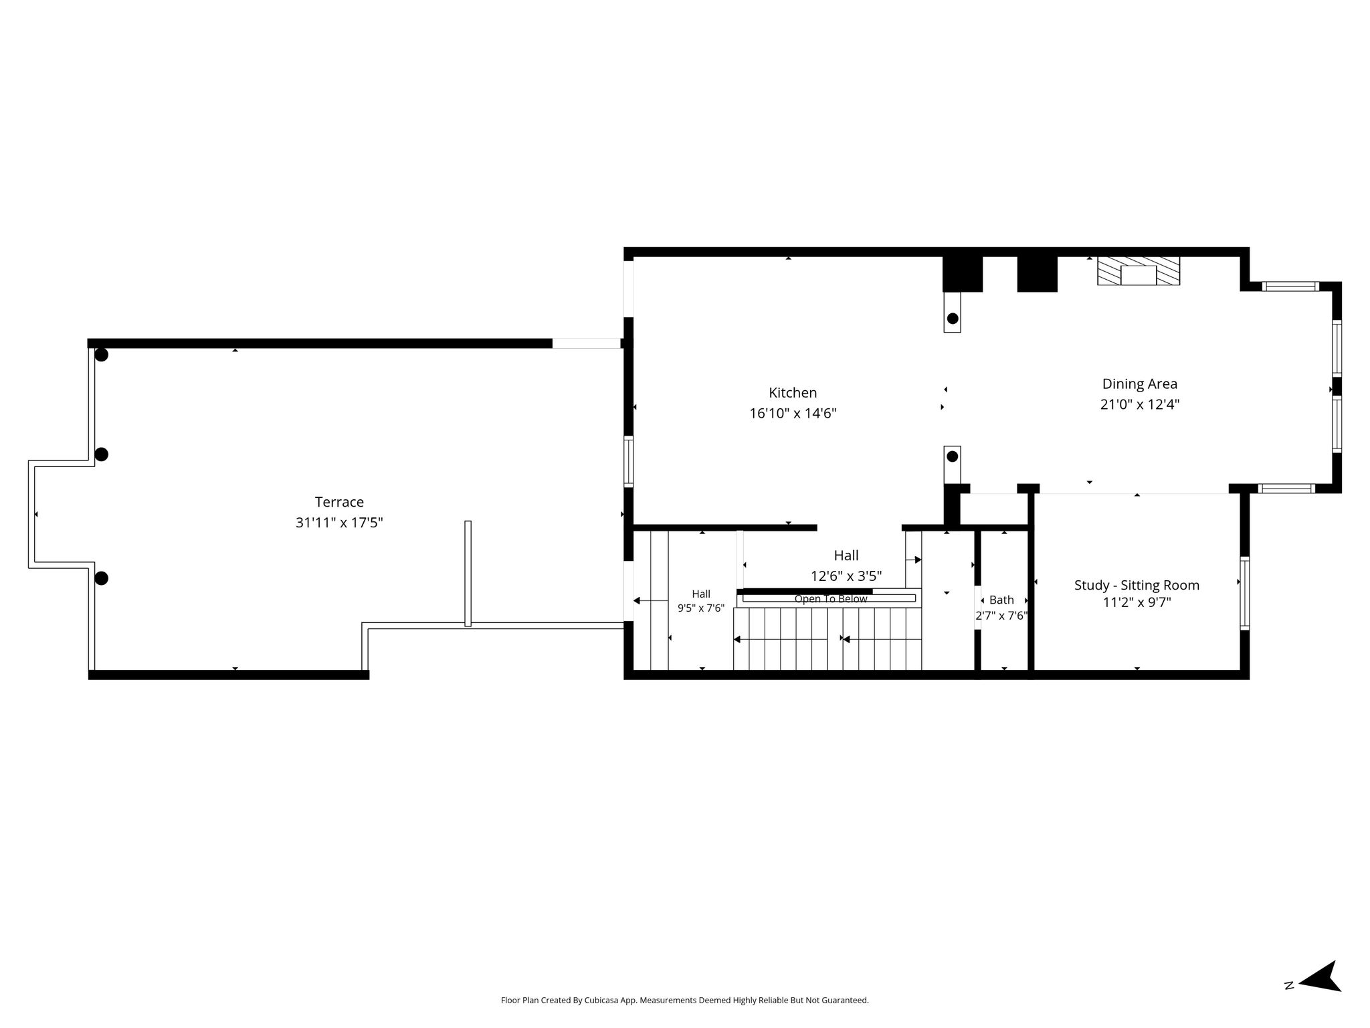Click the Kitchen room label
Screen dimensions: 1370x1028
(793, 393)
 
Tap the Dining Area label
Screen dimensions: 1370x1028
(1139, 384)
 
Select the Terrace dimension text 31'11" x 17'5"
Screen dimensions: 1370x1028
(339, 523)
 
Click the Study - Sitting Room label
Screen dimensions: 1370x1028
(1137, 585)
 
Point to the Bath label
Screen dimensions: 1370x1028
(1001, 600)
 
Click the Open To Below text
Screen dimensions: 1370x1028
(831, 599)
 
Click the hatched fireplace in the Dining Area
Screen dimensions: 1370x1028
(1138, 271)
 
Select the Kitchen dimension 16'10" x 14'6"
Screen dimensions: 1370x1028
(793, 414)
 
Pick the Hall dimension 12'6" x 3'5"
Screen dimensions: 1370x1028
(846, 576)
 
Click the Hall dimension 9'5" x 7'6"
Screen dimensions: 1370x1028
(701, 608)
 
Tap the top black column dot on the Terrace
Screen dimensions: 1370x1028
(101, 355)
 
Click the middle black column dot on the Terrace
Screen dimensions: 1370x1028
(101, 454)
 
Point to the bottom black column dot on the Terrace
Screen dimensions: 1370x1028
(101, 578)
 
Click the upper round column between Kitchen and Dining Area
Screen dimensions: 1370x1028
(953, 319)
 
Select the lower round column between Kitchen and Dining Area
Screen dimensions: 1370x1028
(953, 456)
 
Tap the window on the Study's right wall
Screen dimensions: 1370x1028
(1245, 593)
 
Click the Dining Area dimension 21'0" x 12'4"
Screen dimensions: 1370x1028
(1139, 404)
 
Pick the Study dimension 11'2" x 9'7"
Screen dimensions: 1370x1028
(1137, 602)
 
